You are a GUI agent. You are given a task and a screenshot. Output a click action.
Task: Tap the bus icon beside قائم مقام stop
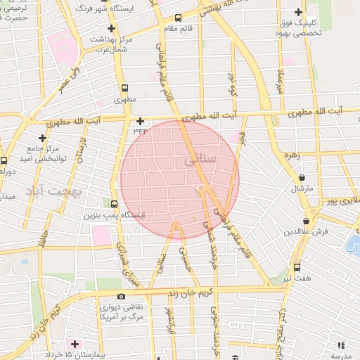[x=178, y=18]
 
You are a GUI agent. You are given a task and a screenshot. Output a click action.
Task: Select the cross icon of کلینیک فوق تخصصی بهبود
[x=300, y=13]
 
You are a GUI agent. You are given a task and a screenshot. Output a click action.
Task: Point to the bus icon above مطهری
[x=124, y=89]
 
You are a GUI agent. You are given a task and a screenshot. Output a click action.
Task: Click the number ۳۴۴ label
[x=140, y=131]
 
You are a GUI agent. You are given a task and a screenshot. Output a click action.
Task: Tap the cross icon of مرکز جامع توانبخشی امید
[x=43, y=139]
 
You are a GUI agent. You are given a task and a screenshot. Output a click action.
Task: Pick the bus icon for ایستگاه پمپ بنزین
[x=115, y=205]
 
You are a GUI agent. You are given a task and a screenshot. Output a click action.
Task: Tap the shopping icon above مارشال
[x=302, y=177]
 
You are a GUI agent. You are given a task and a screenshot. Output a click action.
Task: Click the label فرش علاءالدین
[x=302, y=231]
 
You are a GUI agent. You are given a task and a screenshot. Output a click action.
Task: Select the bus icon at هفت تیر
[x=297, y=267]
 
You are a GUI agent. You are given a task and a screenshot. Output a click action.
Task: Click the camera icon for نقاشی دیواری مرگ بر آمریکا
[x=121, y=297]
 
